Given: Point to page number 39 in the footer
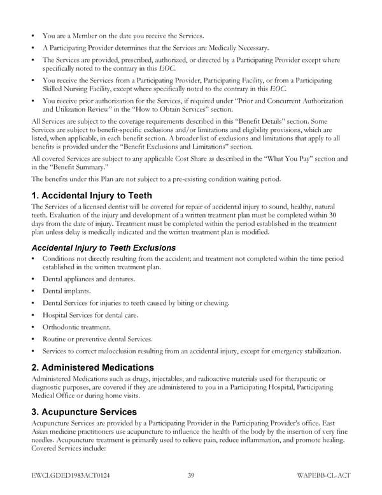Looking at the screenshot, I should tap(191, 475).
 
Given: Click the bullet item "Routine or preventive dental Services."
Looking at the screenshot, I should tap(97, 339).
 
